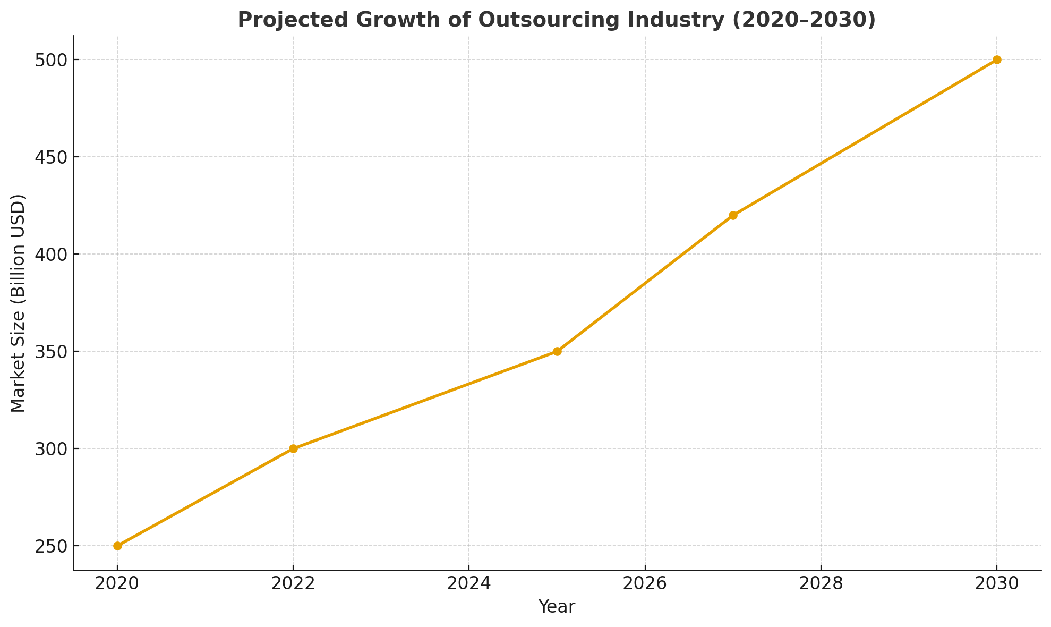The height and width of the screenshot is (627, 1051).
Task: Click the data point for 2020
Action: pos(117,546)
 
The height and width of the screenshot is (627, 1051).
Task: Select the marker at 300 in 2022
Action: pos(293,448)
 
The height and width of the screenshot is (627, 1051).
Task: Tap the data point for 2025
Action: pos(557,351)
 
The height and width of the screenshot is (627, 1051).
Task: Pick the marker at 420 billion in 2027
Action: pos(733,215)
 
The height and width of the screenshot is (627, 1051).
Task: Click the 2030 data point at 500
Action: pos(997,60)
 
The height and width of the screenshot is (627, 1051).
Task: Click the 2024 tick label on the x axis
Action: pos(469,583)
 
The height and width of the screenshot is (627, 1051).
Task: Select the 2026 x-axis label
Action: pos(645,583)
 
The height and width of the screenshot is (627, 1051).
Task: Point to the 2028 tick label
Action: pos(821,583)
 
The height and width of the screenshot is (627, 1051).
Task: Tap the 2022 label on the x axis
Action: pos(293,583)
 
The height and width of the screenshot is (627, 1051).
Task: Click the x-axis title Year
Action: pos(557,607)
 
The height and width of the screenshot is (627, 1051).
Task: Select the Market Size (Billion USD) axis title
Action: pos(18,303)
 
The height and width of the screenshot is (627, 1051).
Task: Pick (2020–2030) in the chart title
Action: pos(801,20)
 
